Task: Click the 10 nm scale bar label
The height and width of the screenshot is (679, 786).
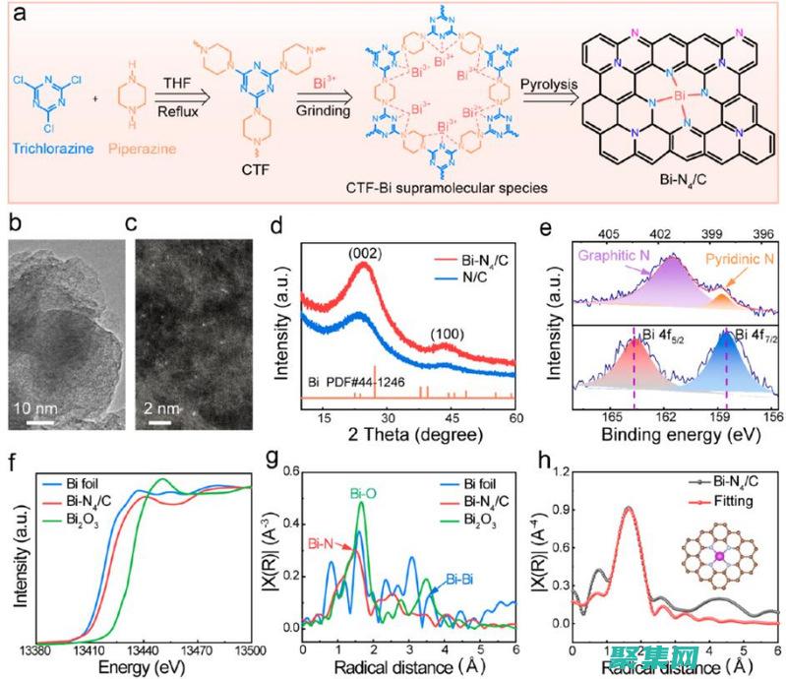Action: (x=42, y=407)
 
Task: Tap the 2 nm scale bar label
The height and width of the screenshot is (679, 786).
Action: (x=161, y=407)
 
